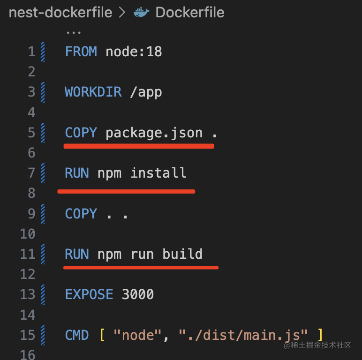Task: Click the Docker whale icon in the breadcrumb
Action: [142, 13]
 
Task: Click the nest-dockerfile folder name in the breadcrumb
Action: [60, 13]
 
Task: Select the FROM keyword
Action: [81, 51]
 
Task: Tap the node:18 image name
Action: [134, 51]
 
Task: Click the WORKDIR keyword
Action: [93, 92]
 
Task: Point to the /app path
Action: [146, 92]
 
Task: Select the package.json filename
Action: [154, 133]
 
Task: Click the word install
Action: [158, 173]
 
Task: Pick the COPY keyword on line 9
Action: [81, 214]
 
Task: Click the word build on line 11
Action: [182, 254]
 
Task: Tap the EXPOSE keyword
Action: [89, 294]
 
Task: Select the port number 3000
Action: [138, 294]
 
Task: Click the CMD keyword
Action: [77, 335]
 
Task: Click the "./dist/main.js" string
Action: [243, 335]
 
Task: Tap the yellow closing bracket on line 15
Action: [320, 335]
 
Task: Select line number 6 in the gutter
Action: [31, 153]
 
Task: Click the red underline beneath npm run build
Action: [141, 268]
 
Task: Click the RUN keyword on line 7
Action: [77, 173]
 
